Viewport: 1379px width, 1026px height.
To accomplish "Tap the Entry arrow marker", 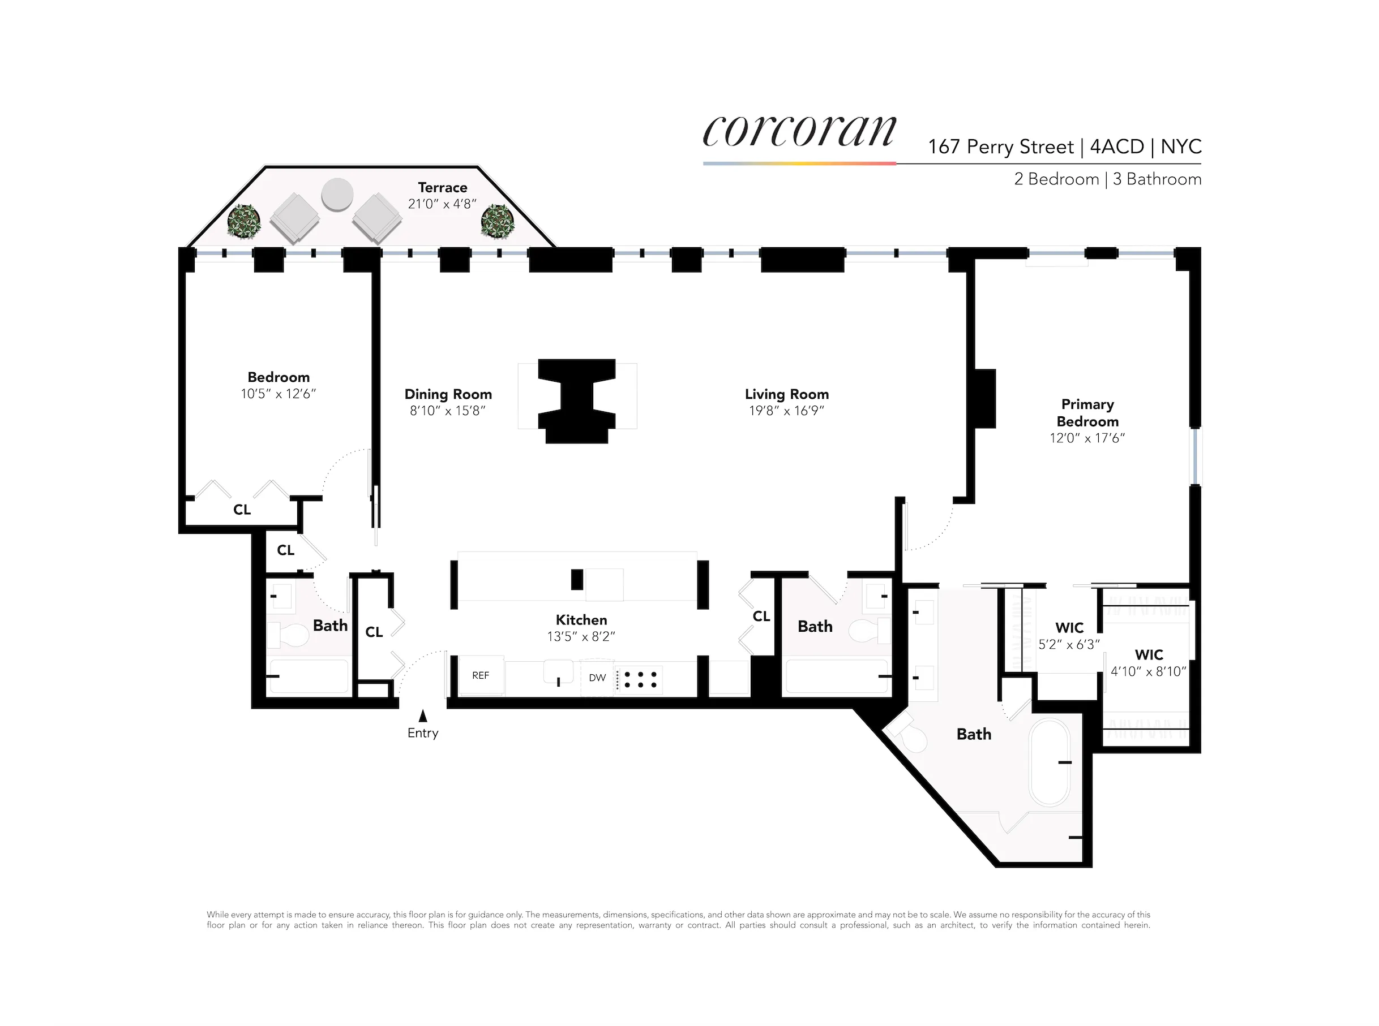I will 422,716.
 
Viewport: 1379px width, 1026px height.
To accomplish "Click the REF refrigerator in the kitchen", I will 481,676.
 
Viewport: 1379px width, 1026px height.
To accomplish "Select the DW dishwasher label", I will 597,678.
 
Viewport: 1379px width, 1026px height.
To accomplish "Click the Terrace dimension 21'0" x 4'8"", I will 442,204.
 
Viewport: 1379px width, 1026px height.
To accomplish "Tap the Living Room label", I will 786,394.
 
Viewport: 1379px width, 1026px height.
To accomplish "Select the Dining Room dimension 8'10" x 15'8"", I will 447,411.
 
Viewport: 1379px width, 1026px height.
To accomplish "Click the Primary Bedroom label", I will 1087,412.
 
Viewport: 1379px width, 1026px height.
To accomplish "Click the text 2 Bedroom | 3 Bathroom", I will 1107,179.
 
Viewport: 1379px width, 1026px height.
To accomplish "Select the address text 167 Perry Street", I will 1000,147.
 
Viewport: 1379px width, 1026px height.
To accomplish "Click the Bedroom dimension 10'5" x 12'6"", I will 279,394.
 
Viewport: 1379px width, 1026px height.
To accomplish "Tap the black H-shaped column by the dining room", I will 577,400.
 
